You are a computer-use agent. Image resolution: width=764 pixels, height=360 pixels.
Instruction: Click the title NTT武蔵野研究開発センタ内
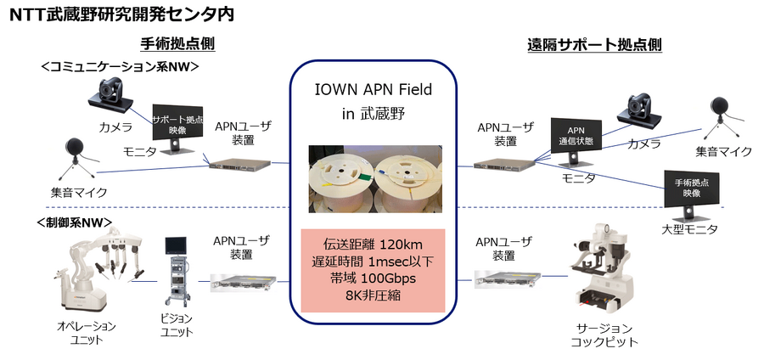tap(118, 14)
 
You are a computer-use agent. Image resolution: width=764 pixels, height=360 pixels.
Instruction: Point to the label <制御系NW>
tap(75, 222)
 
